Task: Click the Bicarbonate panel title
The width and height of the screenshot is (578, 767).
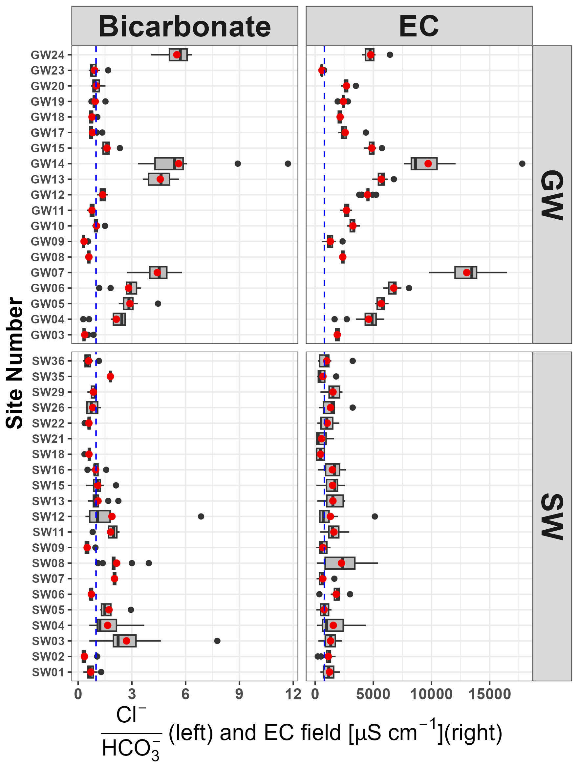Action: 185,26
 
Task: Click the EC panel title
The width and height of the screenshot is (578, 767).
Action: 418,26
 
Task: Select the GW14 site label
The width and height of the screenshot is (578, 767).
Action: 48,164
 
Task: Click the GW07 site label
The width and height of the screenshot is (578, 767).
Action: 48,273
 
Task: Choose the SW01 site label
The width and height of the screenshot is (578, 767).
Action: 48,672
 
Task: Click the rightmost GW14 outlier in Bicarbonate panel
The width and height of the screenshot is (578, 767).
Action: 288,164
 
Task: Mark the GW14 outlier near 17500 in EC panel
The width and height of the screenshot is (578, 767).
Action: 522,164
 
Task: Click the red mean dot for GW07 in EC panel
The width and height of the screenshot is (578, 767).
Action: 466,273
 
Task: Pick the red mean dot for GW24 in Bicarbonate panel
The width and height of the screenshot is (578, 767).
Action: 177,55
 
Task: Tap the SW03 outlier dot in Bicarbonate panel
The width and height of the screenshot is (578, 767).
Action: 217,641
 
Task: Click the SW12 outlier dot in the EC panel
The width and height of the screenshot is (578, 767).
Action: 375,516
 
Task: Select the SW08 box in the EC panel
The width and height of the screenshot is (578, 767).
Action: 340,563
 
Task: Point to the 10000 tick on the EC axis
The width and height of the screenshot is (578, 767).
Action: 431,695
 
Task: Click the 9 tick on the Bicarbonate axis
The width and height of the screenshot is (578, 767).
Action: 239,695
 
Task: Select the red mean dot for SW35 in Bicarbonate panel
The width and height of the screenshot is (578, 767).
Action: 110,377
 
